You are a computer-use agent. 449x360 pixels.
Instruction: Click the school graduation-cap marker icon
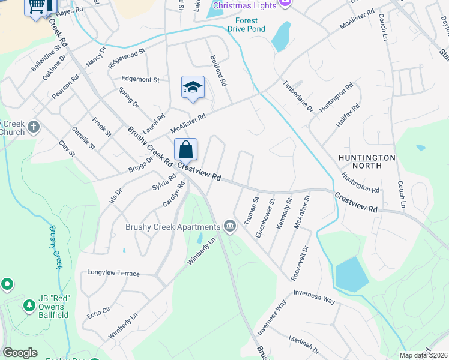pos(193,88)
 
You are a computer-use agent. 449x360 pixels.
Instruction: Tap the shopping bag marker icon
pos(186,149)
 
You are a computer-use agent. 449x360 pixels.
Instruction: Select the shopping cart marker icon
pos(37,6)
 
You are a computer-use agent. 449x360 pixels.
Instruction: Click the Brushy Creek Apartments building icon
pos(229,226)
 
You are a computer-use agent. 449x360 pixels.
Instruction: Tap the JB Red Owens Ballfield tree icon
pos(29,306)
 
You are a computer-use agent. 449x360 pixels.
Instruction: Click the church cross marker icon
pos(34,127)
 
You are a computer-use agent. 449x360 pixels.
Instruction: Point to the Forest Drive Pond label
pos(246,25)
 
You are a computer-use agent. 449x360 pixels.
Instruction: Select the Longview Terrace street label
pos(113,273)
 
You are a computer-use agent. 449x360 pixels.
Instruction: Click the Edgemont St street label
pos(140,79)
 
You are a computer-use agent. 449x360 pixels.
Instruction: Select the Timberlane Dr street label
pos(298,97)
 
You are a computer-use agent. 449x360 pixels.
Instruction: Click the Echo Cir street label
pos(98,311)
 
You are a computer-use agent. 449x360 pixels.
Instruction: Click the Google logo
pos(20,353)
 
